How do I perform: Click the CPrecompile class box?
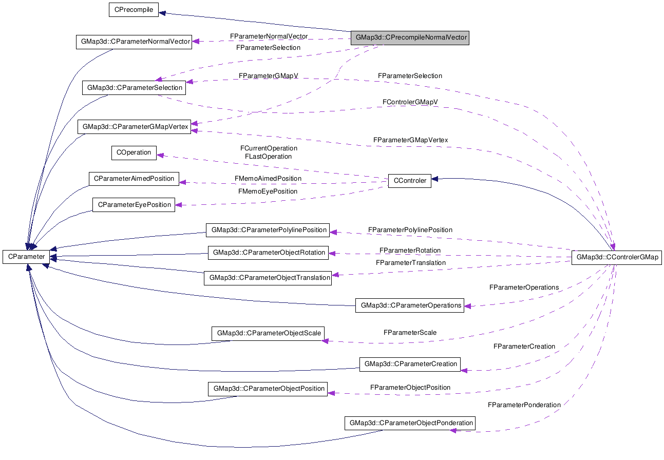point(134,10)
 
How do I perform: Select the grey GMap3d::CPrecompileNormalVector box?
point(409,37)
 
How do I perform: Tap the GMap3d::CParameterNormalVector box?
point(133,42)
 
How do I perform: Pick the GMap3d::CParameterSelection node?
point(135,87)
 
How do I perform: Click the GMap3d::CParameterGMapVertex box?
point(134,126)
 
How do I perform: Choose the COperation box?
point(134,152)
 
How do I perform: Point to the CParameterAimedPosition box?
point(134,179)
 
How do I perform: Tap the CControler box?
point(409,181)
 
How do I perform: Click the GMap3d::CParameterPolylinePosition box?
point(268,230)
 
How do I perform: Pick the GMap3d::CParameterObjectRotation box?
point(269,253)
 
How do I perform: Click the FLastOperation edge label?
point(268,156)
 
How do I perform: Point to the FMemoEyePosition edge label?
point(268,191)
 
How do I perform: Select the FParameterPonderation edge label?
point(524,405)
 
